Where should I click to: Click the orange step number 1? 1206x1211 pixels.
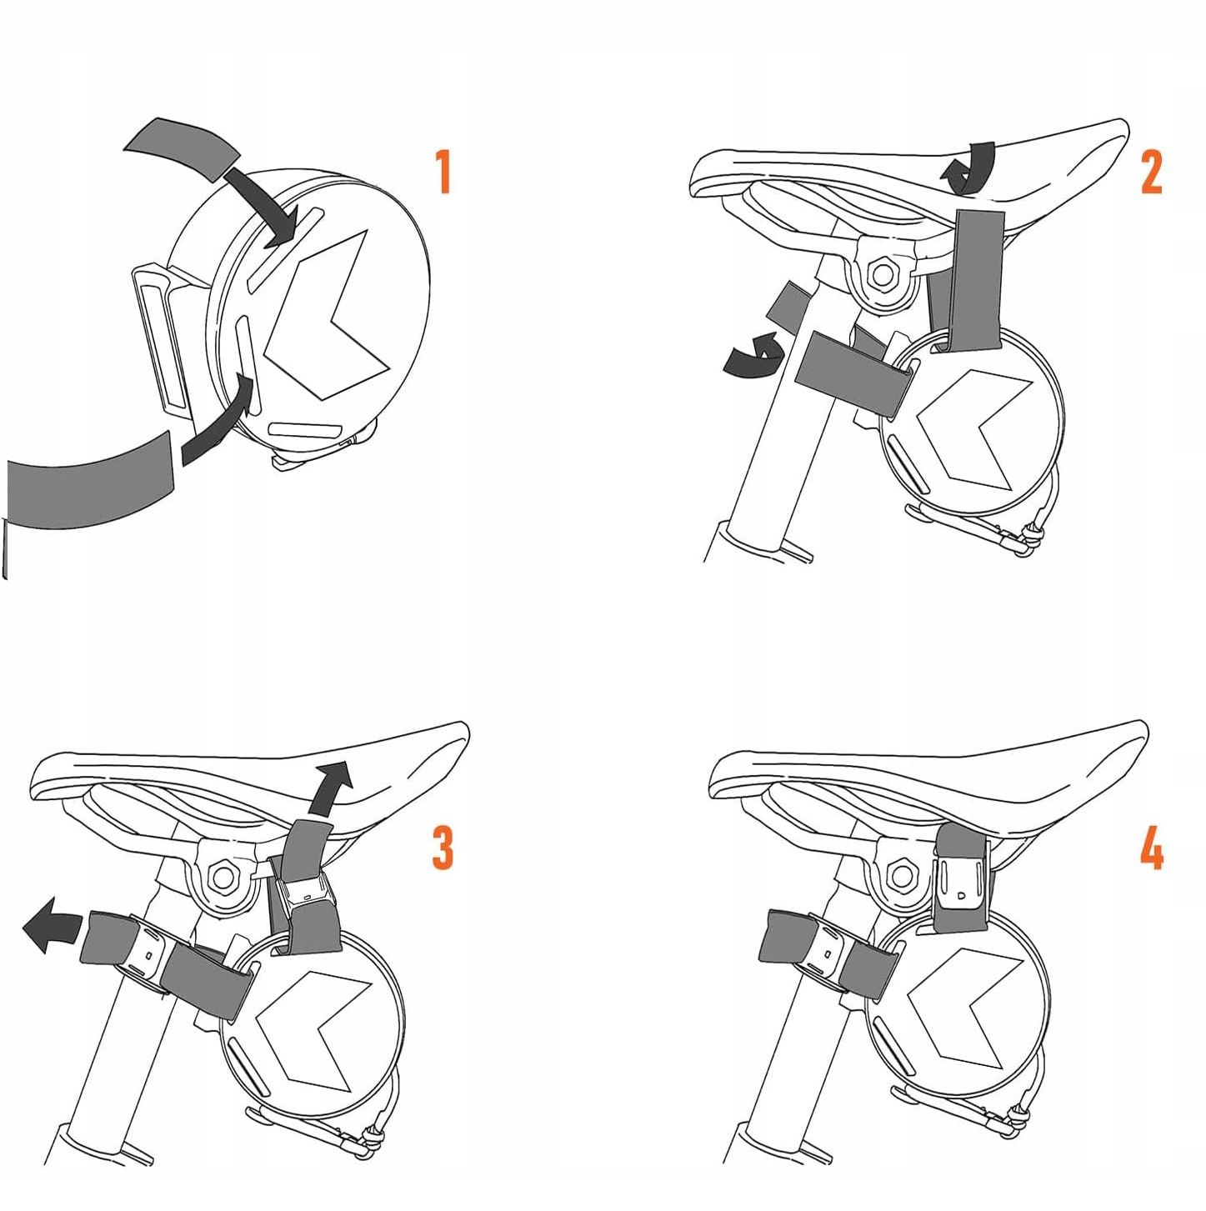(x=444, y=171)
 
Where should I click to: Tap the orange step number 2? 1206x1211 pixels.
(x=1151, y=171)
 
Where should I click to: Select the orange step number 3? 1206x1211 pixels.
(x=443, y=847)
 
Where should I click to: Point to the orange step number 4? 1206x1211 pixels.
(x=1151, y=847)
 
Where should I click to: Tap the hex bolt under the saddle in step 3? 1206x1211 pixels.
(x=223, y=875)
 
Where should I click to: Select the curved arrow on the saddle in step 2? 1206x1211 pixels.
(x=968, y=168)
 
